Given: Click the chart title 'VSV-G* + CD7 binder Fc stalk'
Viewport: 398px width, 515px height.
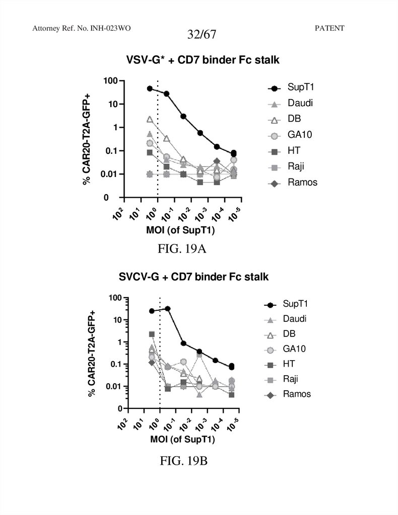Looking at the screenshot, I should tap(203, 60).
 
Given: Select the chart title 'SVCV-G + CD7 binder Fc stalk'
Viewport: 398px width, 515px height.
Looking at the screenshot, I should tap(194, 277).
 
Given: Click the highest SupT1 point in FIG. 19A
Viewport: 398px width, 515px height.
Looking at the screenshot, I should tap(150, 89).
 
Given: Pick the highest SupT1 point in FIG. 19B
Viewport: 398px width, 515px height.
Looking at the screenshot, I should tap(168, 308).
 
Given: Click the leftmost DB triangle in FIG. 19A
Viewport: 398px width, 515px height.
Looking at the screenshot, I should tap(150, 119).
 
